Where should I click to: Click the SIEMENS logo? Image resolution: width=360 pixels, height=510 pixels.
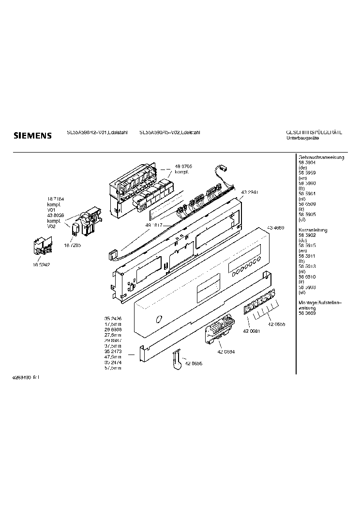(31, 136)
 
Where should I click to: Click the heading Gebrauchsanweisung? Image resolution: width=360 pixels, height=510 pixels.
(321, 158)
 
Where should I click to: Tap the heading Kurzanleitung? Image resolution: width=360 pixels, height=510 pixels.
(314, 230)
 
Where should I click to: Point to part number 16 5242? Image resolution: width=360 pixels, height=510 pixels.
(41, 265)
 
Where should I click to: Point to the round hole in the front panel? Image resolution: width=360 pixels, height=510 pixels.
(157, 319)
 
